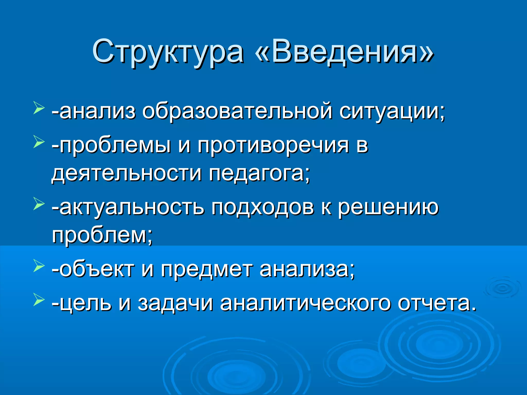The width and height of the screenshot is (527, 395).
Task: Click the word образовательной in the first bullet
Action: [x=237, y=111]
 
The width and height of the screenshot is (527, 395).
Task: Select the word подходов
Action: [x=263, y=207]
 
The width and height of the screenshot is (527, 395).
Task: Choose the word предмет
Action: [x=206, y=270]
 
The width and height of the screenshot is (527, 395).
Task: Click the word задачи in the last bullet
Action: [x=175, y=303]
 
